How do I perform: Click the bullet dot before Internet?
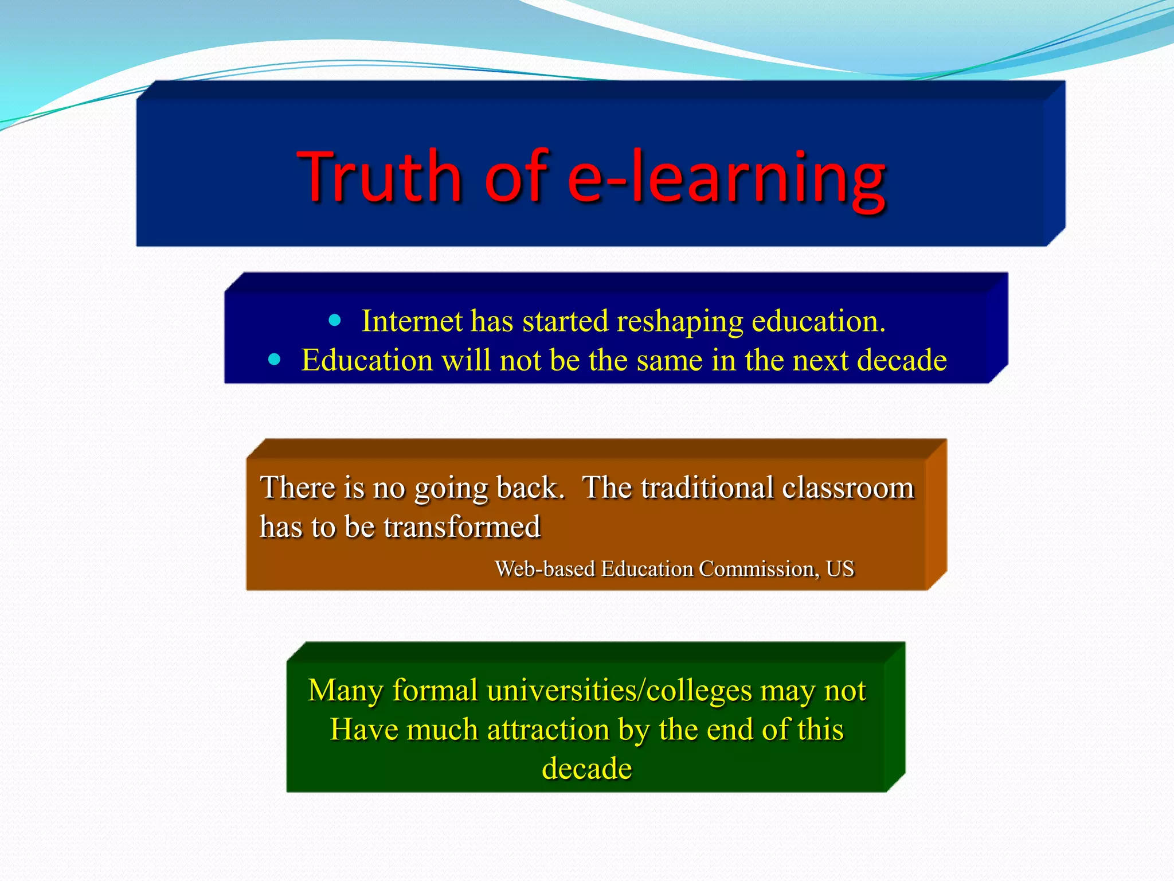coord(335,320)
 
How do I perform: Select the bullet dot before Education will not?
coord(275,360)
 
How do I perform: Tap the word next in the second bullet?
coord(817,361)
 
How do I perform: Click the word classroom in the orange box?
coord(848,488)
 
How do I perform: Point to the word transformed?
coord(462,527)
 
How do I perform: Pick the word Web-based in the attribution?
coord(545,569)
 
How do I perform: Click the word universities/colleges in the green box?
coord(619,691)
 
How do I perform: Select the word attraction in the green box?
coord(548,730)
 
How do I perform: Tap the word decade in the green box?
coord(587,769)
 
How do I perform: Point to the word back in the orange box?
coord(530,488)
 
